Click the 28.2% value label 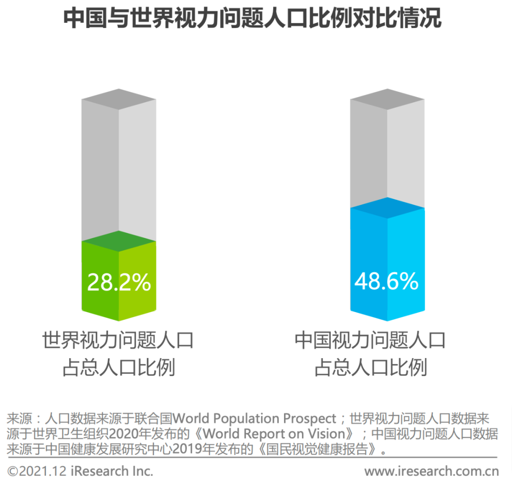click(x=119, y=283)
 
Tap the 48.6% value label click(x=386, y=283)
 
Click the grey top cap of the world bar click(x=119, y=100)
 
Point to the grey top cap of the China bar click(x=386, y=100)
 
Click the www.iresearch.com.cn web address click(x=431, y=471)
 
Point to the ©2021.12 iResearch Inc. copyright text click(x=81, y=471)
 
